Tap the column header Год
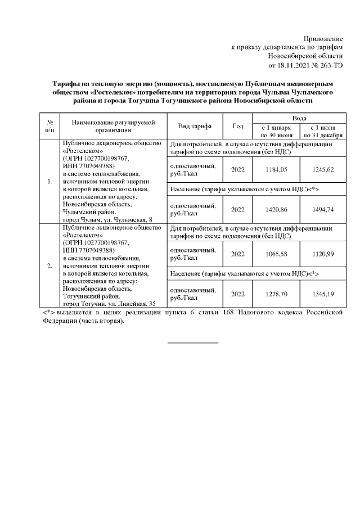(x=238, y=126)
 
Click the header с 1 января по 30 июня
(x=276, y=132)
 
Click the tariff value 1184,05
(x=276, y=169)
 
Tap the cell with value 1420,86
(x=276, y=209)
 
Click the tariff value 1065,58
(x=276, y=254)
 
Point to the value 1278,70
(x=276, y=294)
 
